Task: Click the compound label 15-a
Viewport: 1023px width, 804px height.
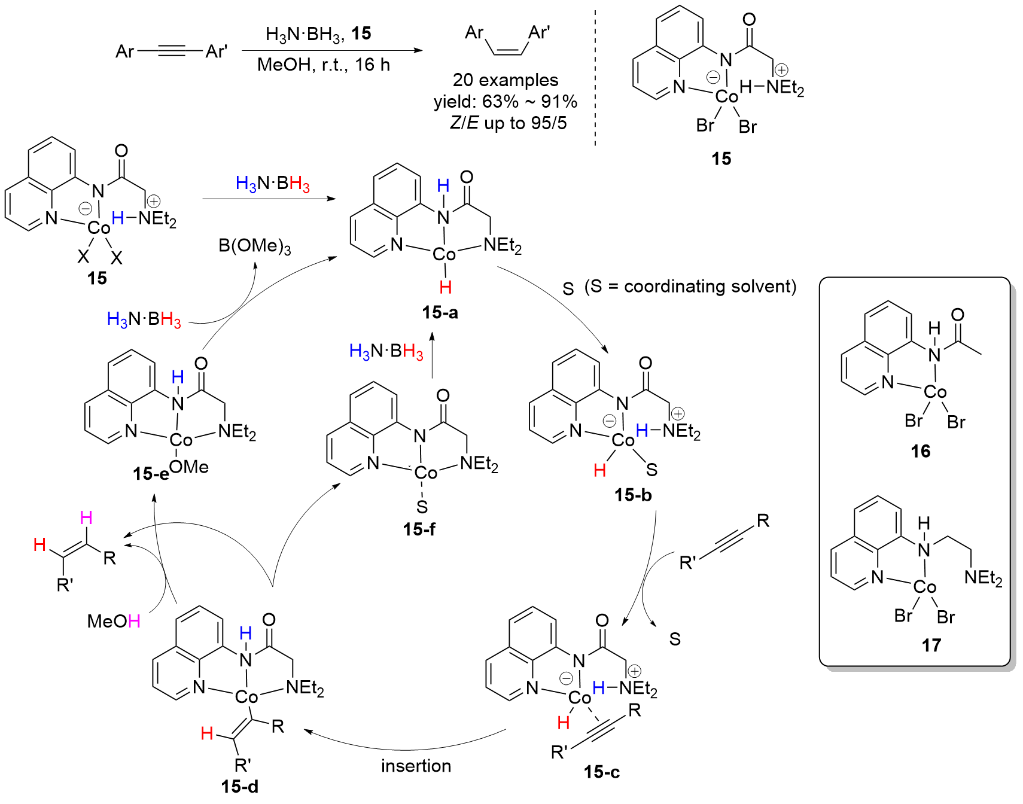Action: (440, 312)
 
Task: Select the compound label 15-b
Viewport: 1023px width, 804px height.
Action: (633, 495)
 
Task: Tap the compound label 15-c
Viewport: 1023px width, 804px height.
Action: (602, 772)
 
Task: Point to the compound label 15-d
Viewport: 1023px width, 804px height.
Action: (240, 786)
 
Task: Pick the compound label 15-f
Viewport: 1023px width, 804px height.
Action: (419, 529)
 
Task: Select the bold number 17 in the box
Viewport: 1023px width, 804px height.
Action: (931, 645)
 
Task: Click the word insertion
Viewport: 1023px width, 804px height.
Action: (416, 766)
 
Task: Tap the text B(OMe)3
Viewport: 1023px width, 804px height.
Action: (255, 246)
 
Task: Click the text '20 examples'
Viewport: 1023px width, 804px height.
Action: (506, 80)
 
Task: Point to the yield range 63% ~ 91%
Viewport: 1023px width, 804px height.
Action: (529, 101)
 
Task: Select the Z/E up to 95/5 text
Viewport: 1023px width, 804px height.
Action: (509, 123)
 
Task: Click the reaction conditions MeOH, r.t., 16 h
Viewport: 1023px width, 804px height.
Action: (324, 64)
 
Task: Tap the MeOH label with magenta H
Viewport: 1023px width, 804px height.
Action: (114, 621)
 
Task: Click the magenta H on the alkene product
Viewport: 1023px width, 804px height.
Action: (86, 517)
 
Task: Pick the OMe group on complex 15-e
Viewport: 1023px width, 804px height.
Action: (189, 467)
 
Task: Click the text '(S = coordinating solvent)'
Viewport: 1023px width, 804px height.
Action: (690, 287)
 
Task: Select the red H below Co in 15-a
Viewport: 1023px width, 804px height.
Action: (446, 287)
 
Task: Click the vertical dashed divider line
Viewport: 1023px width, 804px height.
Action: (595, 78)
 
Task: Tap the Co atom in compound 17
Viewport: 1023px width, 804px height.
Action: (925, 587)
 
